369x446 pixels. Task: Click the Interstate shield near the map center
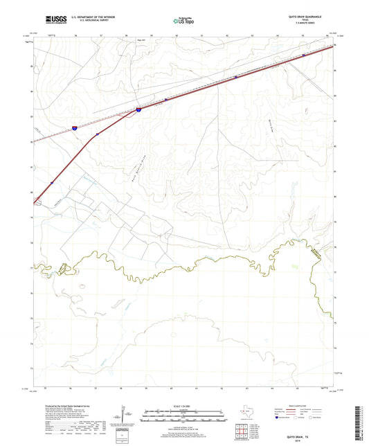138,109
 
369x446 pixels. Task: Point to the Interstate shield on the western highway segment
74,127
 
